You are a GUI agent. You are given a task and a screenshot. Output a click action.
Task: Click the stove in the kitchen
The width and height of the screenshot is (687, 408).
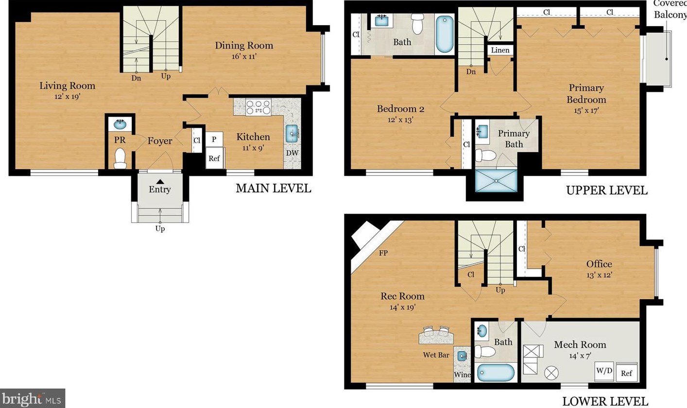(x=258, y=107)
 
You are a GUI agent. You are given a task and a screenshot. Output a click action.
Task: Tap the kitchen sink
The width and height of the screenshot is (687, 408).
(x=292, y=134)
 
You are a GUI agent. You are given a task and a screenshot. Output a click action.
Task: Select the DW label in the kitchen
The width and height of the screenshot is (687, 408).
(x=292, y=153)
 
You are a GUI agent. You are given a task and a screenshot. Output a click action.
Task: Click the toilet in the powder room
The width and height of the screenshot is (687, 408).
(x=120, y=158)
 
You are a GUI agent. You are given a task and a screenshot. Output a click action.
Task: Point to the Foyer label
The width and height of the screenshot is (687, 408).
(x=160, y=141)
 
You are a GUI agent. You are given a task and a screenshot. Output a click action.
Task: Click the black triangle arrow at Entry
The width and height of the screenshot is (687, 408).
(x=160, y=182)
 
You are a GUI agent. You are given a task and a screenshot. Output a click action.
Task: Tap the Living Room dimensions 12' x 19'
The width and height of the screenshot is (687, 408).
(x=68, y=97)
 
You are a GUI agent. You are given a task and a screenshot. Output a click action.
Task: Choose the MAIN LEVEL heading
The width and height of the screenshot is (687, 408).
(x=273, y=188)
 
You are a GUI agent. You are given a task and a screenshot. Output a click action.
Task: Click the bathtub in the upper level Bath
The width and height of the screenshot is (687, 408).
(x=445, y=34)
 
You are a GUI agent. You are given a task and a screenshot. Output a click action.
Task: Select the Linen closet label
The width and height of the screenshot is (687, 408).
(x=500, y=50)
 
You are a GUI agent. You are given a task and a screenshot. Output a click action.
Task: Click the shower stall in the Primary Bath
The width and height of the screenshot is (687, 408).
(x=496, y=181)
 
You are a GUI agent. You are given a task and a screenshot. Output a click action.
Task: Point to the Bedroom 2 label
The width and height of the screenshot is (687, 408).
(x=400, y=109)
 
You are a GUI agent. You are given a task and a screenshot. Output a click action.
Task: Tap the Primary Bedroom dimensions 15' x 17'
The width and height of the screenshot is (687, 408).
(x=586, y=110)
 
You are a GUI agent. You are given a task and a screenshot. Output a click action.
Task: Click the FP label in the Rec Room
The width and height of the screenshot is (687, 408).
(x=383, y=253)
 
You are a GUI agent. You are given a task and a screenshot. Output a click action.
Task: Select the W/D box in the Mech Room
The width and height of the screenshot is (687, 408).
(x=604, y=371)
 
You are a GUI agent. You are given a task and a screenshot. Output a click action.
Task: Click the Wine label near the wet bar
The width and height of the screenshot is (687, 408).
(x=462, y=374)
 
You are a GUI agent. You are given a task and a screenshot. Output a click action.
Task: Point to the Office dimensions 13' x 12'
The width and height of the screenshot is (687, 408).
(x=599, y=275)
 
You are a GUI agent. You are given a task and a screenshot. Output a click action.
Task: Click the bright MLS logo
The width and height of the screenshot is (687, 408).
(x=32, y=398)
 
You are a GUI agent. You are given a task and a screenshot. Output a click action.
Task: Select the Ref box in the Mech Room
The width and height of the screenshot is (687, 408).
(x=627, y=373)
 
